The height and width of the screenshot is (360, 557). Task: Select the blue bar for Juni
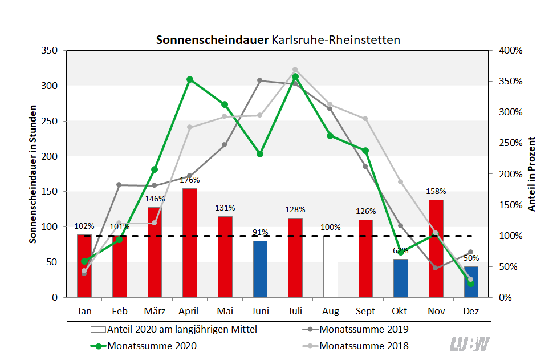(x=260, y=269)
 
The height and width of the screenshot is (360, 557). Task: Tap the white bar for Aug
(x=330, y=266)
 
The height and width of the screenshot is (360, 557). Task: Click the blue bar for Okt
(x=401, y=278)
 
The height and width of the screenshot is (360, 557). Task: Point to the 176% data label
(x=189, y=180)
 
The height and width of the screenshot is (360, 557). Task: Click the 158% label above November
(x=436, y=191)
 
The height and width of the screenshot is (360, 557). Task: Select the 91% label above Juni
(x=260, y=232)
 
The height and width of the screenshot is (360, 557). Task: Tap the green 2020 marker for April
(x=190, y=80)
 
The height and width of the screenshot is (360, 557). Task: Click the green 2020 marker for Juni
(x=260, y=154)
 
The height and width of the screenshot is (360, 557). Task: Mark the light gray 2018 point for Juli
(x=295, y=70)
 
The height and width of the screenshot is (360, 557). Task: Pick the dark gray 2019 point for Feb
(x=119, y=185)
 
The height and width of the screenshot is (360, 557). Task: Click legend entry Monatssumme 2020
(x=152, y=346)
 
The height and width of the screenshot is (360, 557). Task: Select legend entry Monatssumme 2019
(x=364, y=329)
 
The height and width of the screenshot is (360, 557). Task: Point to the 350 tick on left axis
(x=50, y=51)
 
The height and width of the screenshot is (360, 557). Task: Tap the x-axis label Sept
(x=365, y=312)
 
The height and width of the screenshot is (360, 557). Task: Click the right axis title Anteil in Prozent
(x=532, y=174)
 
